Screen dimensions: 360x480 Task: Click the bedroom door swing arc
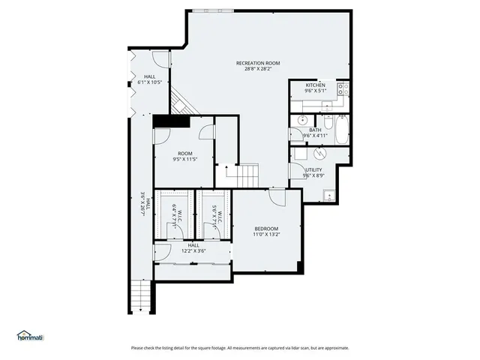point(278,199)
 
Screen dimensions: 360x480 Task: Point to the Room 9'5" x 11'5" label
point(184,156)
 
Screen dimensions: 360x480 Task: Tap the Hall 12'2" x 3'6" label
point(193,248)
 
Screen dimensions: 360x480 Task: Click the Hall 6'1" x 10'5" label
point(150,79)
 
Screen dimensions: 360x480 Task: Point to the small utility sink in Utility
point(329,196)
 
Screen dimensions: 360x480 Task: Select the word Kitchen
point(316,85)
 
